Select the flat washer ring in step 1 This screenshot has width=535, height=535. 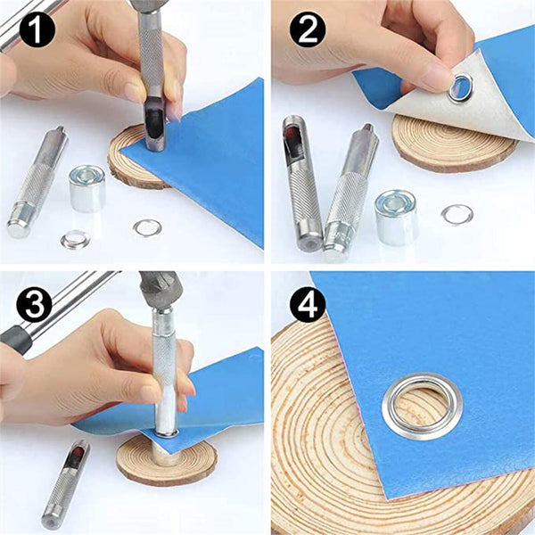coord(146,227)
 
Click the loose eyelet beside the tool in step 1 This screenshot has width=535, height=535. coord(76,239)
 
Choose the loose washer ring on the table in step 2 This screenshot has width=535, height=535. coord(457,214)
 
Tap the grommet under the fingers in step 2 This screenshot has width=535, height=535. coord(463,87)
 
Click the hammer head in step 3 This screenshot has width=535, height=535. coord(160,289)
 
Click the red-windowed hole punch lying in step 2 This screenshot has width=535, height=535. coord(300,183)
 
